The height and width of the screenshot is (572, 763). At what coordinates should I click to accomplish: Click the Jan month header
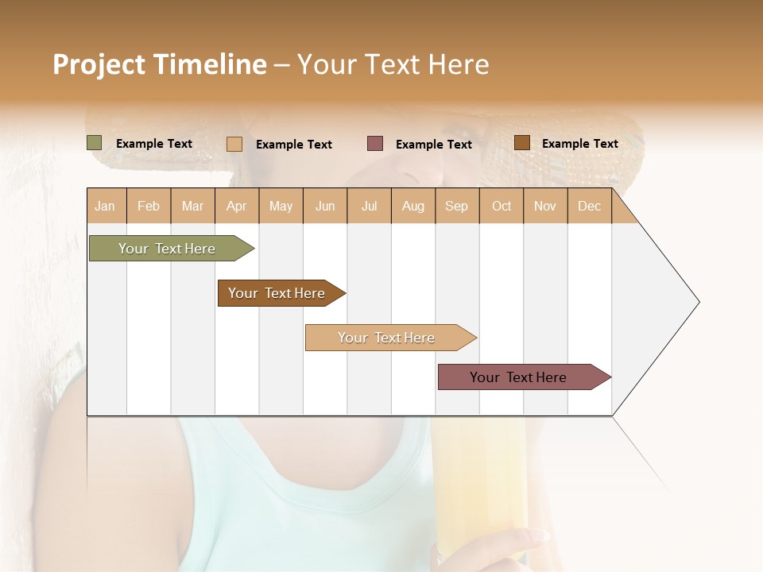point(106,207)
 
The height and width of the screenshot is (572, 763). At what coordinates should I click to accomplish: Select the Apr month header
point(237,207)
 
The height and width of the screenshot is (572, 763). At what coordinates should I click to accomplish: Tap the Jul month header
point(369,207)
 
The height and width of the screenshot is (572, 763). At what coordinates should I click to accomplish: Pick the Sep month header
point(456,207)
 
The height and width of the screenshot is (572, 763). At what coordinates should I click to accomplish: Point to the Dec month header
point(589,207)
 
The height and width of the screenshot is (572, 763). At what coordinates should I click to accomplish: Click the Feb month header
point(149,207)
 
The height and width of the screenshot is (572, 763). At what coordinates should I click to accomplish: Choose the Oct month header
point(502,207)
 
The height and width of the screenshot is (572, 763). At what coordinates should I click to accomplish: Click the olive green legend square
point(95,143)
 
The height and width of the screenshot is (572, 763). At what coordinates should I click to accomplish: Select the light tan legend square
point(234,144)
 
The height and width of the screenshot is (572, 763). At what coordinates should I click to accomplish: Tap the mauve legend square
point(375,144)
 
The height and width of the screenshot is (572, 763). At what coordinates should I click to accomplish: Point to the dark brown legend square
point(521,143)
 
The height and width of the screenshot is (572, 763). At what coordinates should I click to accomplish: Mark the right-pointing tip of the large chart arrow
point(698,302)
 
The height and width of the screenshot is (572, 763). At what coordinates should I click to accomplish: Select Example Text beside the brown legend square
point(579,144)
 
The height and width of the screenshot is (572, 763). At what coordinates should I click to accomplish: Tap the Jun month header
point(325,207)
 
